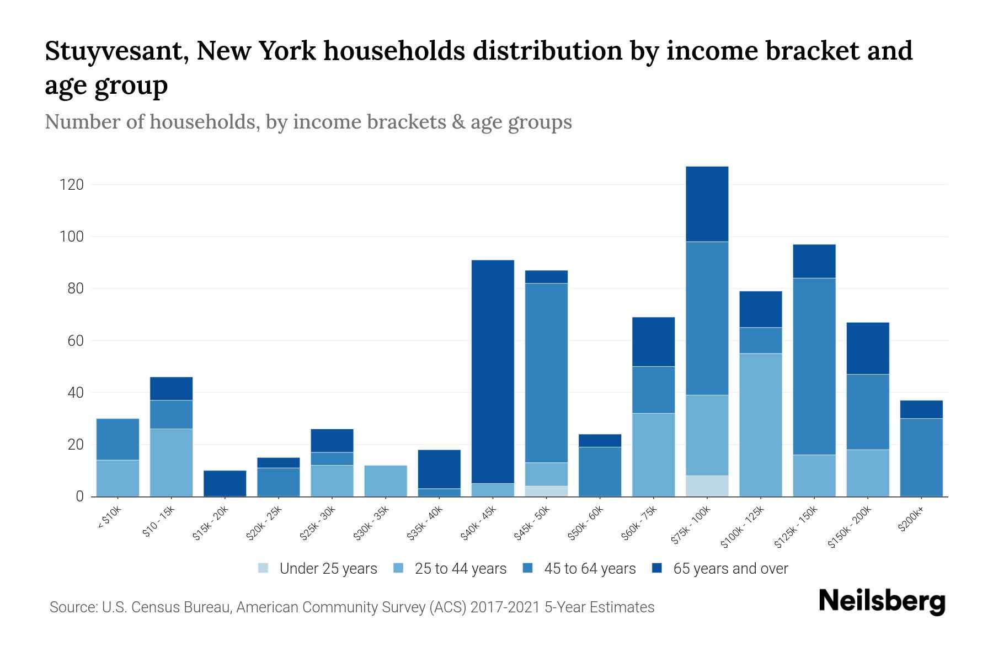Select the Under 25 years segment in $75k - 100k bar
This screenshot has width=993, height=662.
707,486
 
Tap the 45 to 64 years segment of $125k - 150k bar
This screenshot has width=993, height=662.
814,366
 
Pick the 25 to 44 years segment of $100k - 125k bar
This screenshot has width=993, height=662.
760,425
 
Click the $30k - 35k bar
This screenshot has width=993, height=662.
386,481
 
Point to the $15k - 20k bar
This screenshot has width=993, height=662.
225,483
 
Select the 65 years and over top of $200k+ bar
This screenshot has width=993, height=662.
921,409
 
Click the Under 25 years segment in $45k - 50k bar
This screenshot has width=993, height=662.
546,491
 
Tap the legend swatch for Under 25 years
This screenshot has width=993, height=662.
264,568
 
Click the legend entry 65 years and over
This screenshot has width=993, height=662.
730,569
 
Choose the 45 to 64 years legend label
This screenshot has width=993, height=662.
589,569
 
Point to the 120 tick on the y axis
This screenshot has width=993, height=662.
72,185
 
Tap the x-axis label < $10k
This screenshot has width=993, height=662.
110,518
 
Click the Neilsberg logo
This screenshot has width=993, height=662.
882,601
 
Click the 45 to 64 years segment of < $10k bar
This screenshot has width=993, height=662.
118,439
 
